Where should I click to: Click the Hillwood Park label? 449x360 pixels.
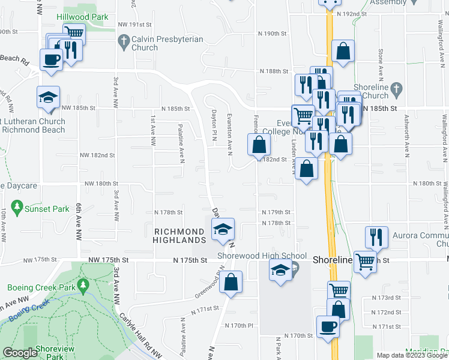(x=82, y=17)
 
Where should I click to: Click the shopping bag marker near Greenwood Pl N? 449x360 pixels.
(x=231, y=281)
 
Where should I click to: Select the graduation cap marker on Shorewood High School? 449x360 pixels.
(x=280, y=271)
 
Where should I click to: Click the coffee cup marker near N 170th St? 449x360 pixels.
(x=328, y=326)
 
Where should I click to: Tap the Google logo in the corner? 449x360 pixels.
(x=19, y=353)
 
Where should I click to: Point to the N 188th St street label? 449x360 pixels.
(x=274, y=71)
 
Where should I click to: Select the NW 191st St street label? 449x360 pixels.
(x=135, y=25)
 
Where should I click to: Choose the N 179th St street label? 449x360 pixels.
(x=276, y=212)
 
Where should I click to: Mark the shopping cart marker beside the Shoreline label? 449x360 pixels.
(x=365, y=262)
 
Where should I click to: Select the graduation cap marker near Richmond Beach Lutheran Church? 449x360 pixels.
(x=49, y=98)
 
